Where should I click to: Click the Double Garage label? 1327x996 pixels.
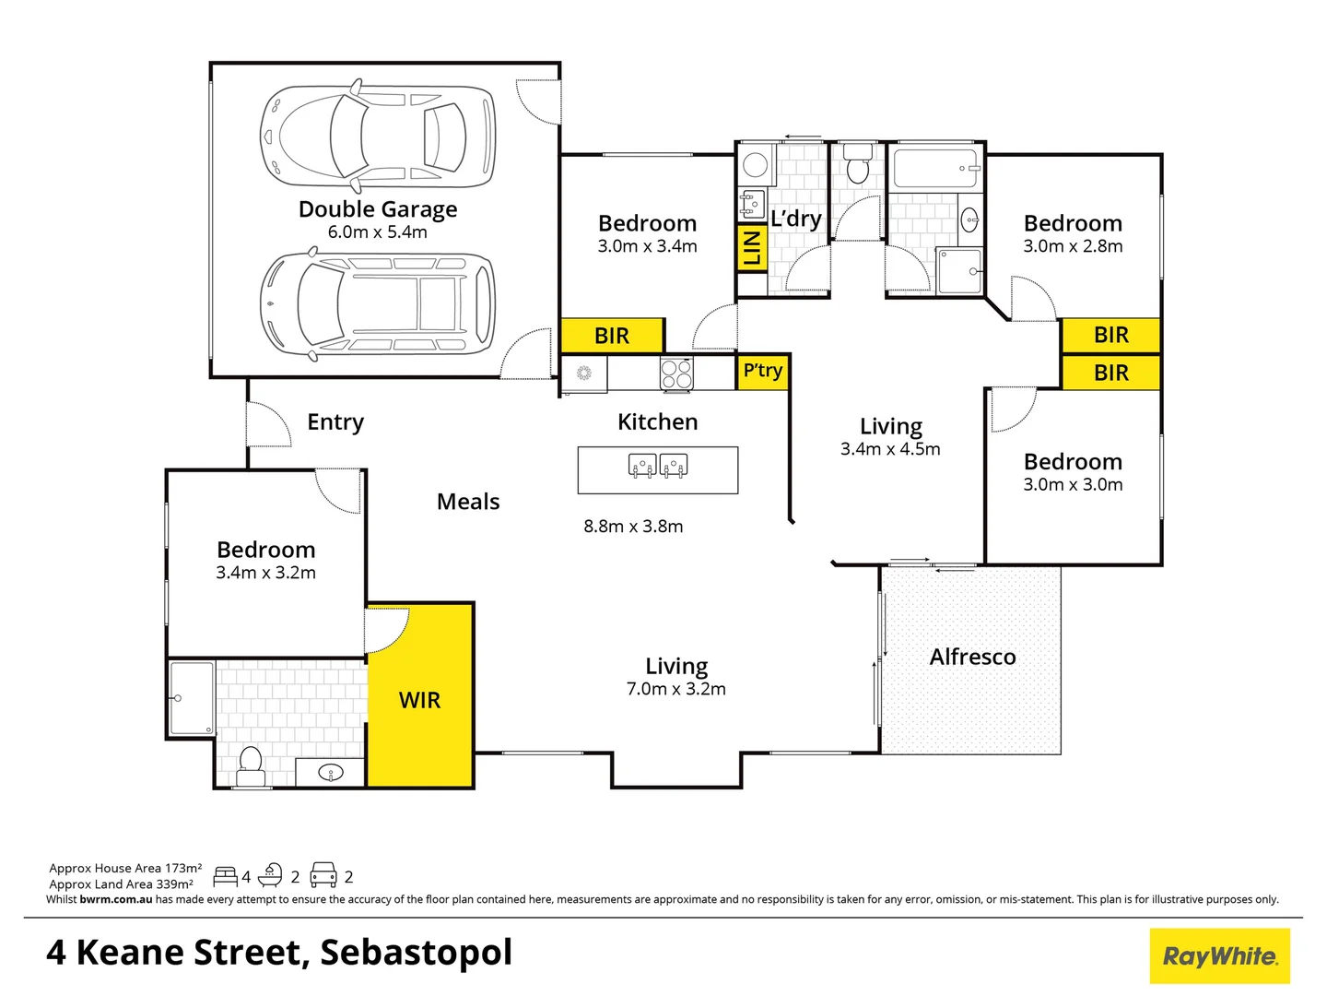coord(378,209)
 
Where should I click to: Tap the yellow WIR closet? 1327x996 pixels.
coord(420,699)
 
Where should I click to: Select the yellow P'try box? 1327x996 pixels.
coord(763,371)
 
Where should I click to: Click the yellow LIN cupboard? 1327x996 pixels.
coord(752,247)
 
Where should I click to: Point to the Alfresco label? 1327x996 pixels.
coord(972,657)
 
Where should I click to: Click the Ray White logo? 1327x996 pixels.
coord(1219,956)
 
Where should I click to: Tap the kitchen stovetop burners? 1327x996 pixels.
coord(676,373)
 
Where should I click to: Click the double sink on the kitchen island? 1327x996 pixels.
coord(658,466)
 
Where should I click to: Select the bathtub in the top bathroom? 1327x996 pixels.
coord(934,169)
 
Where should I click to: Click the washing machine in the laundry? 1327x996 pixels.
coord(756,165)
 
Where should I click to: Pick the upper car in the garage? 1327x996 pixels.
coord(378,136)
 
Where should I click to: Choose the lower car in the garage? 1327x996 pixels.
coord(378,304)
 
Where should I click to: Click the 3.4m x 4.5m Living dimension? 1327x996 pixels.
coord(890,449)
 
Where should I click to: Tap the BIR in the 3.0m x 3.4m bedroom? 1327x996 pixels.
coord(612,336)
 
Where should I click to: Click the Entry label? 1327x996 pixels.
coord(335,422)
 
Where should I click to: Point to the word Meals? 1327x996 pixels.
coord(468,502)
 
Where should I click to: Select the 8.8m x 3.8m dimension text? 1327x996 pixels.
coord(633,527)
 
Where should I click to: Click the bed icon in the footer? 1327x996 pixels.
coord(225,876)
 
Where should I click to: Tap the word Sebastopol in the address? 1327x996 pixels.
coord(416,953)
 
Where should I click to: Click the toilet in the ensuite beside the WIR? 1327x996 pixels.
coord(250,765)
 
